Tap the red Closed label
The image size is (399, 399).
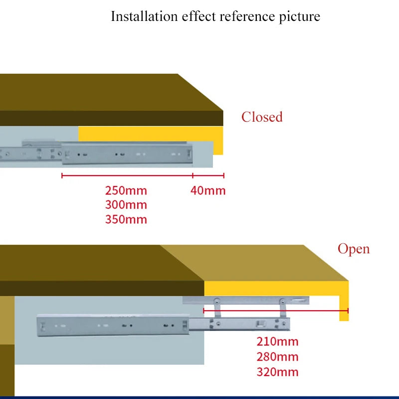pyautogui.click(x=262, y=117)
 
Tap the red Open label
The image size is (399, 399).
pyautogui.click(x=354, y=248)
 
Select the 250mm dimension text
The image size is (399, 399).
pyautogui.click(x=126, y=191)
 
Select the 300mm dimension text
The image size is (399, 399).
pyautogui.click(x=126, y=205)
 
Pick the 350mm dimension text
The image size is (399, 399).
pyautogui.click(x=126, y=219)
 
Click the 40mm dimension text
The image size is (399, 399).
pyautogui.click(x=208, y=191)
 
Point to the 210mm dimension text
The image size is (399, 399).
pyautogui.click(x=277, y=342)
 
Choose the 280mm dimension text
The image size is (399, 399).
pyautogui.click(x=277, y=357)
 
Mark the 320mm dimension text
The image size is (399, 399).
pyautogui.click(x=277, y=372)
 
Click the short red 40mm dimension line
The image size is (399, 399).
pyautogui.click(x=208, y=176)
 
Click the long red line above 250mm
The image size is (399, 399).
pyautogui.click(x=127, y=176)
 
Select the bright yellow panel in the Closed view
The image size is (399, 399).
pyautogui.click(x=150, y=134)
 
